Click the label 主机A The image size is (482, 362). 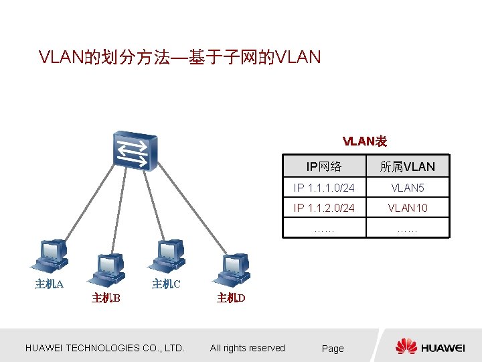pyautogui.click(x=49, y=284)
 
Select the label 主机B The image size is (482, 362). pyautogui.click(x=106, y=298)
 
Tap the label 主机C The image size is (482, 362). pyautogui.click(x=166, y=284)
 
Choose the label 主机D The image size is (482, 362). pyautogui.click(x=231, y=298)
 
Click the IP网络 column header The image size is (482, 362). pyautogui.click(x=324, y=166)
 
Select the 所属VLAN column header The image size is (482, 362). pyautogui.click(x=407, y=166)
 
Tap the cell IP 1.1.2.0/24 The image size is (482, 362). pyautogui.click(x=324, y=208)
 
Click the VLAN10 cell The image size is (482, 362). pyautogui.click(x=407, y=208)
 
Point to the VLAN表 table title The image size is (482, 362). pyautogui.click(x=365, y=141)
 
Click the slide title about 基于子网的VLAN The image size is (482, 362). pyautogui.click(x=180, y=58)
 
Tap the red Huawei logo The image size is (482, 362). pyautogui.click(x=406, y=347)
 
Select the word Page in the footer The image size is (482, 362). pyautogui.click(x=333, y=349)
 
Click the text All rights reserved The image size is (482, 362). pyautogui.click(x=248, y=348)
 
